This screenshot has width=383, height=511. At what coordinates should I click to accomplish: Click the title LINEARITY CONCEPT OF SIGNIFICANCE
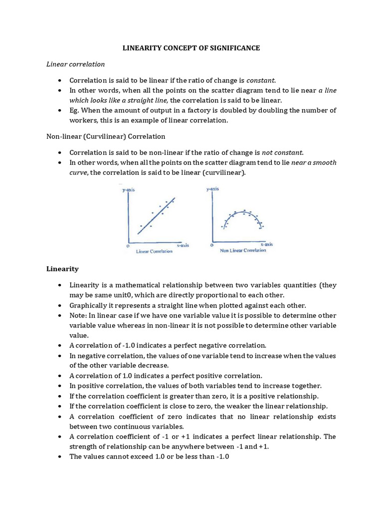click(191, 48)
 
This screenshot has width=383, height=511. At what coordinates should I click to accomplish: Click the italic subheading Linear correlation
click(76, 64)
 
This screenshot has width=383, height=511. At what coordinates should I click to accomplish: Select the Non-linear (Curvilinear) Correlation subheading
click(106, 136)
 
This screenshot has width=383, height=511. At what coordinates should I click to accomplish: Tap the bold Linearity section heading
click(62, 268)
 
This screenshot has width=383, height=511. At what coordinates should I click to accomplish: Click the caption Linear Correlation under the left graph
click(154, 252)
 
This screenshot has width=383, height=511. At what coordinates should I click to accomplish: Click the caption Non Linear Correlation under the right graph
click(243, 251)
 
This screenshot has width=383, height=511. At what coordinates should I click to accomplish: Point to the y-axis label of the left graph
click(130, 190)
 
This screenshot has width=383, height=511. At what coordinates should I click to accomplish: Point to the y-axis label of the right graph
click(212, 189)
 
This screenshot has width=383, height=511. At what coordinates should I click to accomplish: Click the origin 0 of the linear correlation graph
click(128, 246)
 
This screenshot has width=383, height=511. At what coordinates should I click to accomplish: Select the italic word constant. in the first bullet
click(261, 80)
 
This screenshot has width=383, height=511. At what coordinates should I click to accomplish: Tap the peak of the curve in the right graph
click(243, 213)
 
